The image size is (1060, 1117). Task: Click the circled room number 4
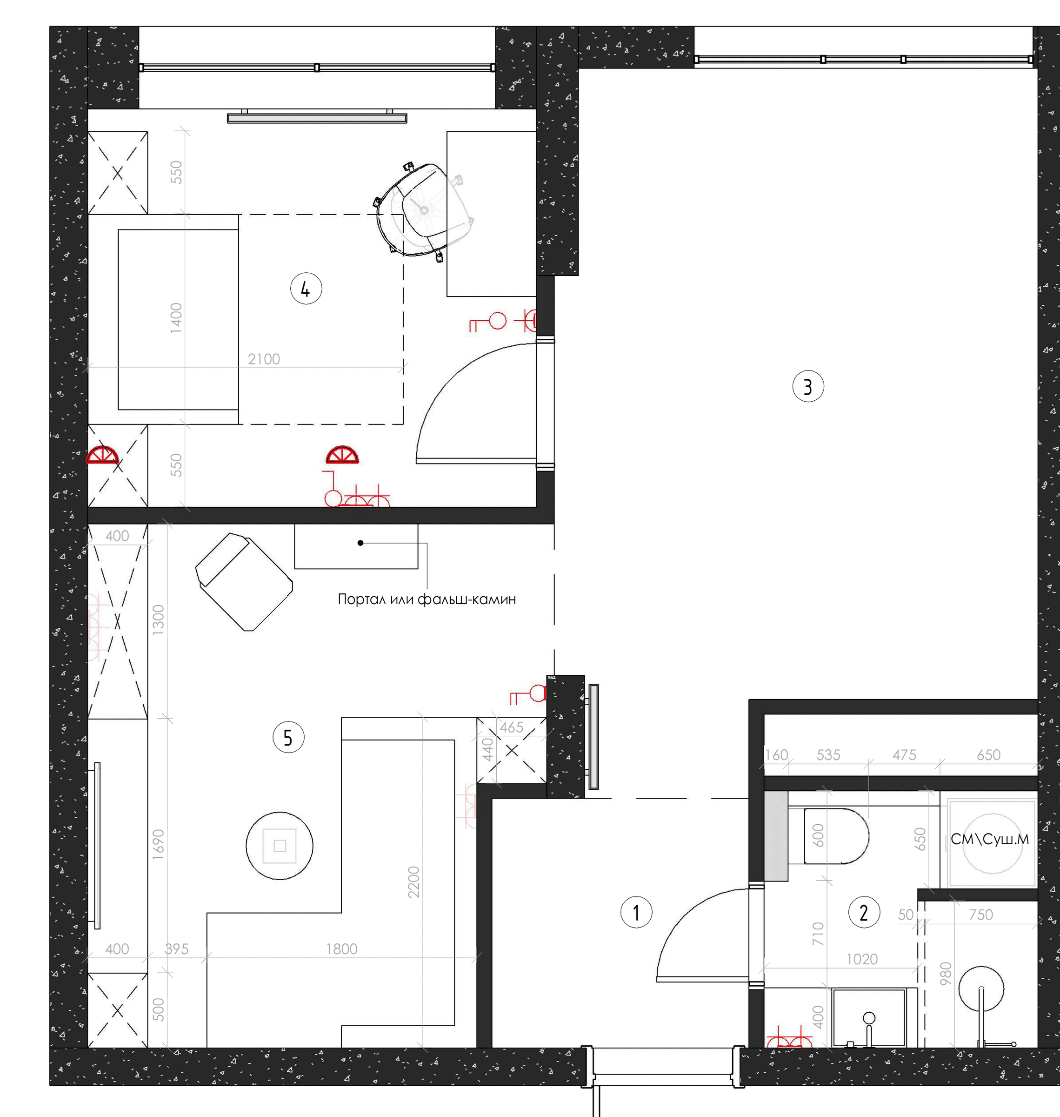point(306,289)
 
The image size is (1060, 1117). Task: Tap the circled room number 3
point(808,386)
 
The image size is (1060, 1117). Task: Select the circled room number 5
point(288,737)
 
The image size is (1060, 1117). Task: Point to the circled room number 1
point(636,912)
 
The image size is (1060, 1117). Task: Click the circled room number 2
point(864,912)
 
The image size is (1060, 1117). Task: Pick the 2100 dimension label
point(264,359)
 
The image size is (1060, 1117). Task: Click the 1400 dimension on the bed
point(176,318)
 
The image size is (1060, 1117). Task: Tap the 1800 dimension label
point(342,949)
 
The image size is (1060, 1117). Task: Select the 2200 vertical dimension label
point(413,882)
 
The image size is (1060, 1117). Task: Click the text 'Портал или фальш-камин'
point(427,599)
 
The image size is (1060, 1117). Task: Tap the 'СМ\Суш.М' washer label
point(989,840)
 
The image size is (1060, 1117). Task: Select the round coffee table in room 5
point(280,846)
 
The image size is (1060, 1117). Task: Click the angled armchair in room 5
point(244,581)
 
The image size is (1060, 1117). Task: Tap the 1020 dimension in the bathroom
point(862,959)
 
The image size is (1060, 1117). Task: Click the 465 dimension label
point(511,727)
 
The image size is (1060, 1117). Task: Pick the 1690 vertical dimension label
point(158,845)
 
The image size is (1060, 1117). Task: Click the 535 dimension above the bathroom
point(828,754)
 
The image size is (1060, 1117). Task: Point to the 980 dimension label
point(945,973)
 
